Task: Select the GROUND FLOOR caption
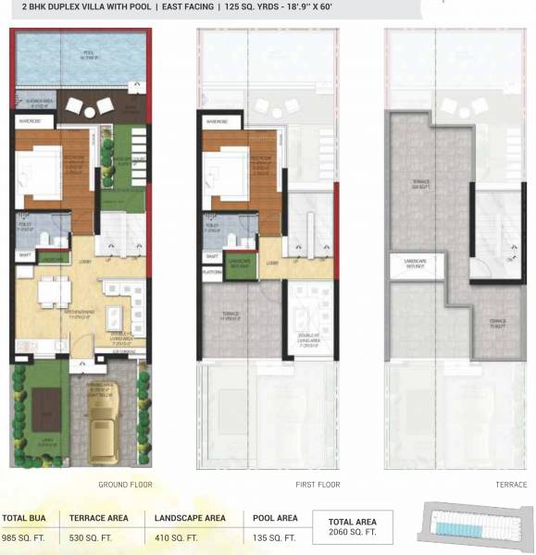click(125, 485)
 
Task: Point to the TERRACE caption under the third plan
click(510, 485)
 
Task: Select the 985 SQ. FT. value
click(22, 536)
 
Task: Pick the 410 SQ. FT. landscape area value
click(172, 536)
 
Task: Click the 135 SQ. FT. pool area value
click(274, 536)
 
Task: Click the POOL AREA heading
click(275, 518)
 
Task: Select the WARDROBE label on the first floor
click(218, 121)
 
